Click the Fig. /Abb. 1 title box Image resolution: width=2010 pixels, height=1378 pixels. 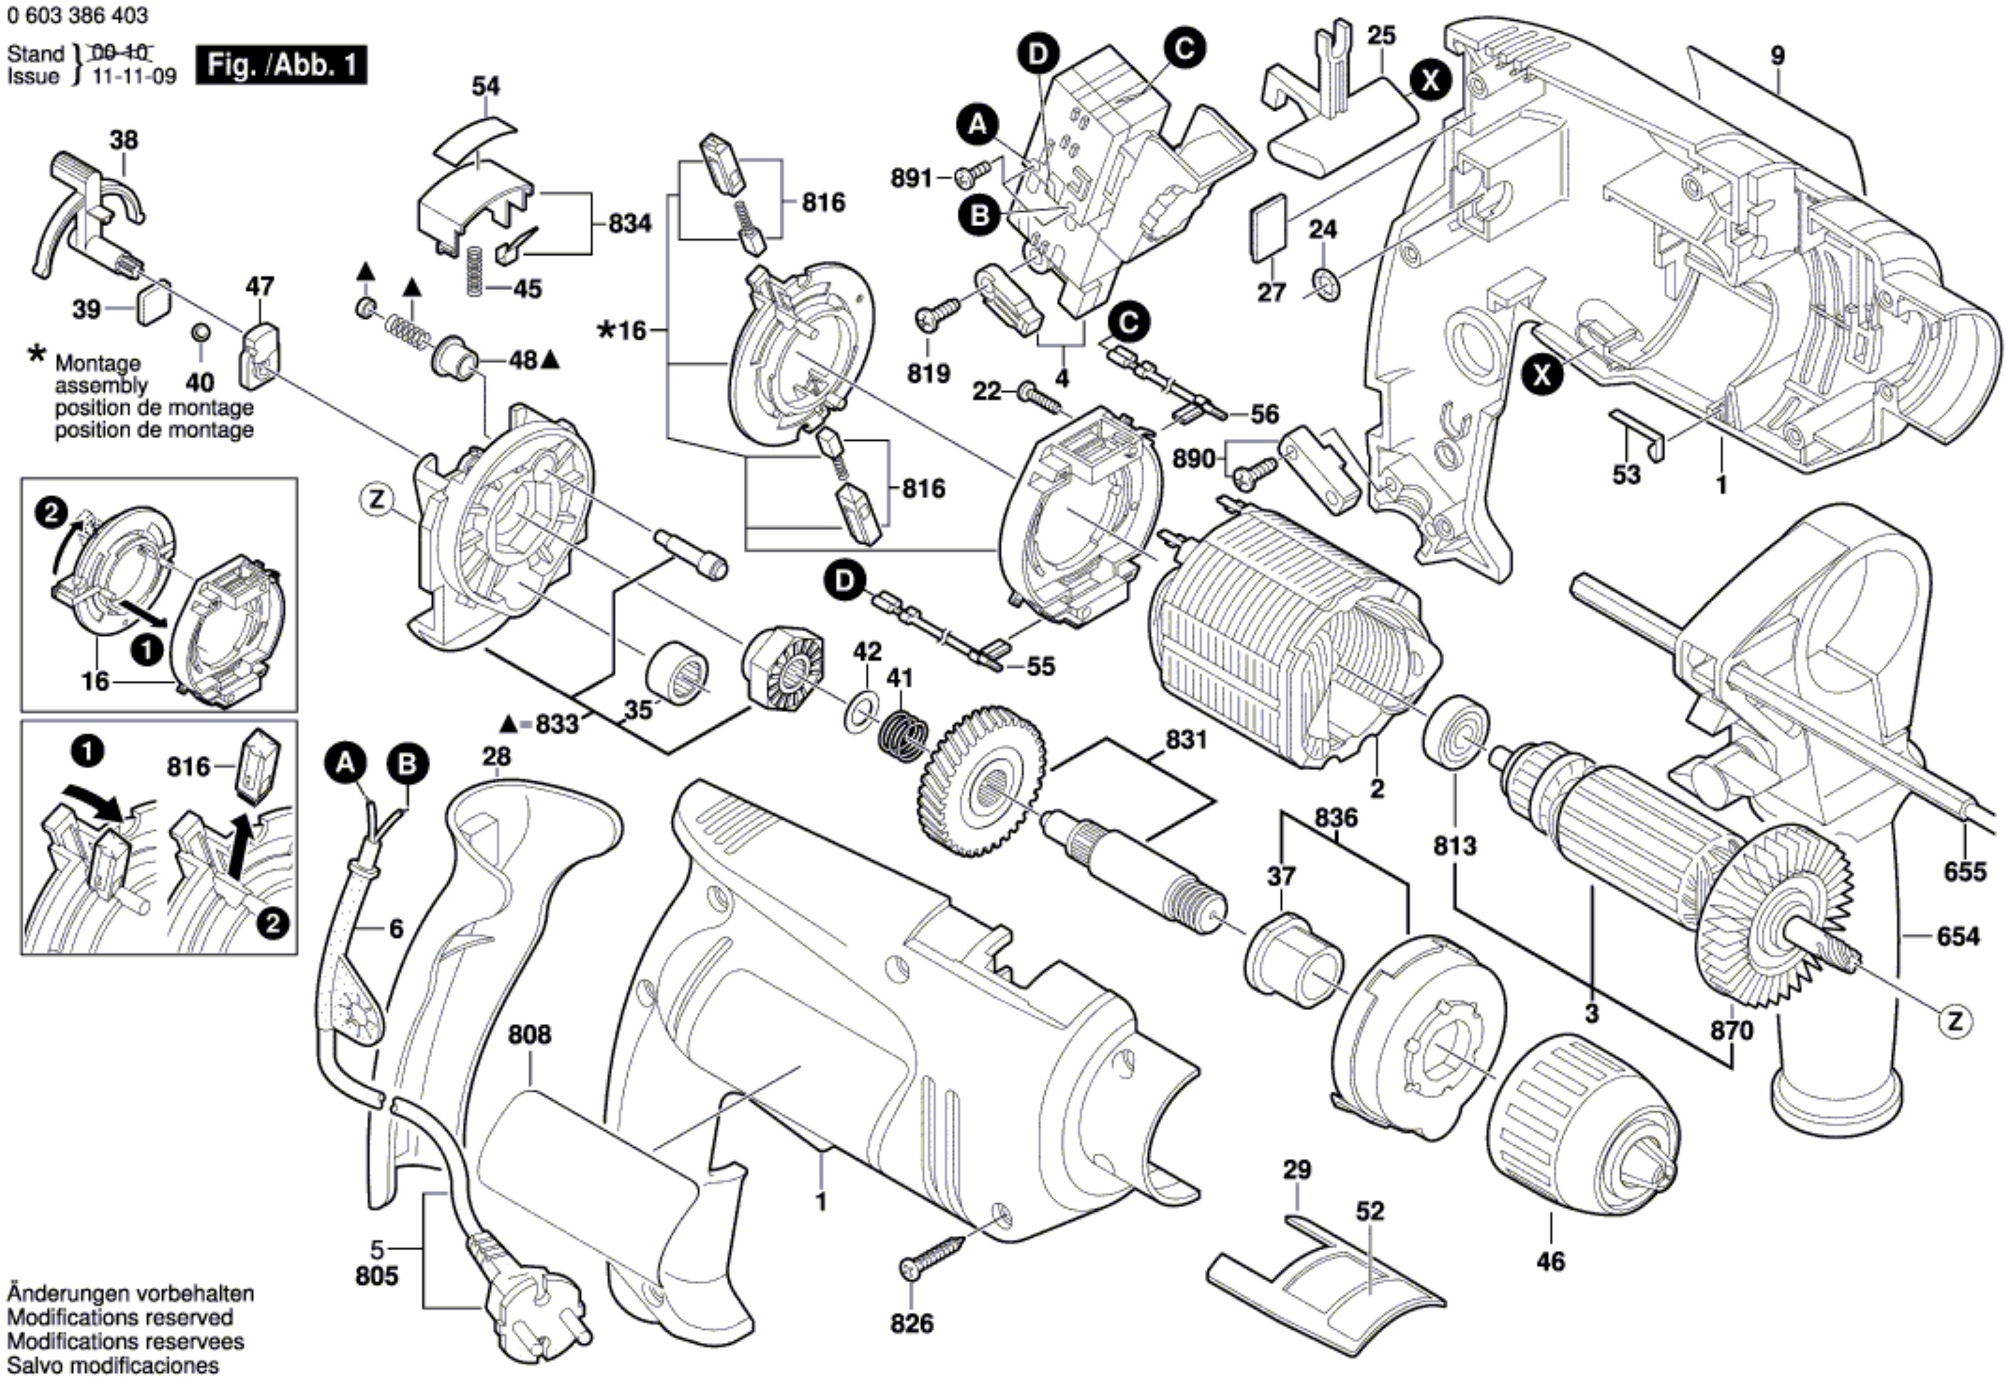point(281,66)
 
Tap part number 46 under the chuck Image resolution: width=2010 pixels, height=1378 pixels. point(1551,1261)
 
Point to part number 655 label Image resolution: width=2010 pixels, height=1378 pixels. point(1965,870)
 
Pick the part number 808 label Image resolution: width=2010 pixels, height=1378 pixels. point(529,1035)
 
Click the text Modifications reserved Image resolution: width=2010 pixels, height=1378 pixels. point(120,1317)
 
